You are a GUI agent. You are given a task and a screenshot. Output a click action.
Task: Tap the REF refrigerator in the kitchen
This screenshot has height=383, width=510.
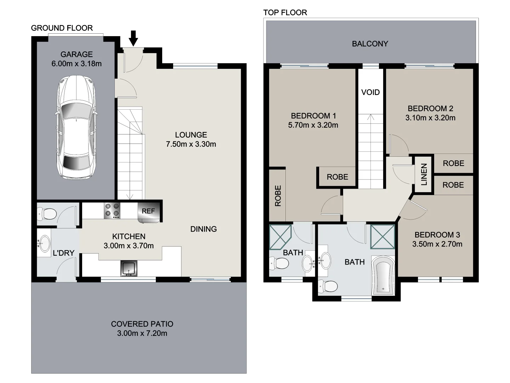tap(148, 211)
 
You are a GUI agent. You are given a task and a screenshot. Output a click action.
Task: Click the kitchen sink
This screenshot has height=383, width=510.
tap(129, 268)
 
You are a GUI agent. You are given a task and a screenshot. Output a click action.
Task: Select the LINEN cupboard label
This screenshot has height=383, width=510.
tap(424, 174)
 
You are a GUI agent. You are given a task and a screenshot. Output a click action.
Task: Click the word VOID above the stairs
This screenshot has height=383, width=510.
tap(370, 92)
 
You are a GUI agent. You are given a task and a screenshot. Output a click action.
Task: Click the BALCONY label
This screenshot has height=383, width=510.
tap(370, 44)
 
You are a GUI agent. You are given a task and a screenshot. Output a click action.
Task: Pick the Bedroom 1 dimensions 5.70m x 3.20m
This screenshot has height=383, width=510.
tap(313, 125)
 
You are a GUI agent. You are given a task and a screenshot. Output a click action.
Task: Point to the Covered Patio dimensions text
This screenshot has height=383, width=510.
tap(142, 333)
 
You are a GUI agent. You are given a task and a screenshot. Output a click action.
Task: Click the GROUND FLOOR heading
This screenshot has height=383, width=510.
tap(62, 28)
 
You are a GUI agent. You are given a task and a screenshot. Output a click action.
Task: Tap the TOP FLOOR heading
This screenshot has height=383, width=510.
tap(285, 13)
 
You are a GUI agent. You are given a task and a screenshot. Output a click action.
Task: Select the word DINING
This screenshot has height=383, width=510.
tap(203, 229)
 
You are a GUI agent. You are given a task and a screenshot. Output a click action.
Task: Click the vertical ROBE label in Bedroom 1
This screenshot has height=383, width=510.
tap(278, 196)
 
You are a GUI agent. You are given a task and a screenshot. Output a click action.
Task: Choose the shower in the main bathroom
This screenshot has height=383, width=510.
tap(382, 237)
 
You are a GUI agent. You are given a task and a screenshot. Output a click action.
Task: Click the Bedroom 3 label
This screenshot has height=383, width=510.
tap(437, 235)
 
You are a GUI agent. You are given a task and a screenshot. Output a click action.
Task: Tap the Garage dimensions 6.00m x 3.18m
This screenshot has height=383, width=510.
tap(76, 64)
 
